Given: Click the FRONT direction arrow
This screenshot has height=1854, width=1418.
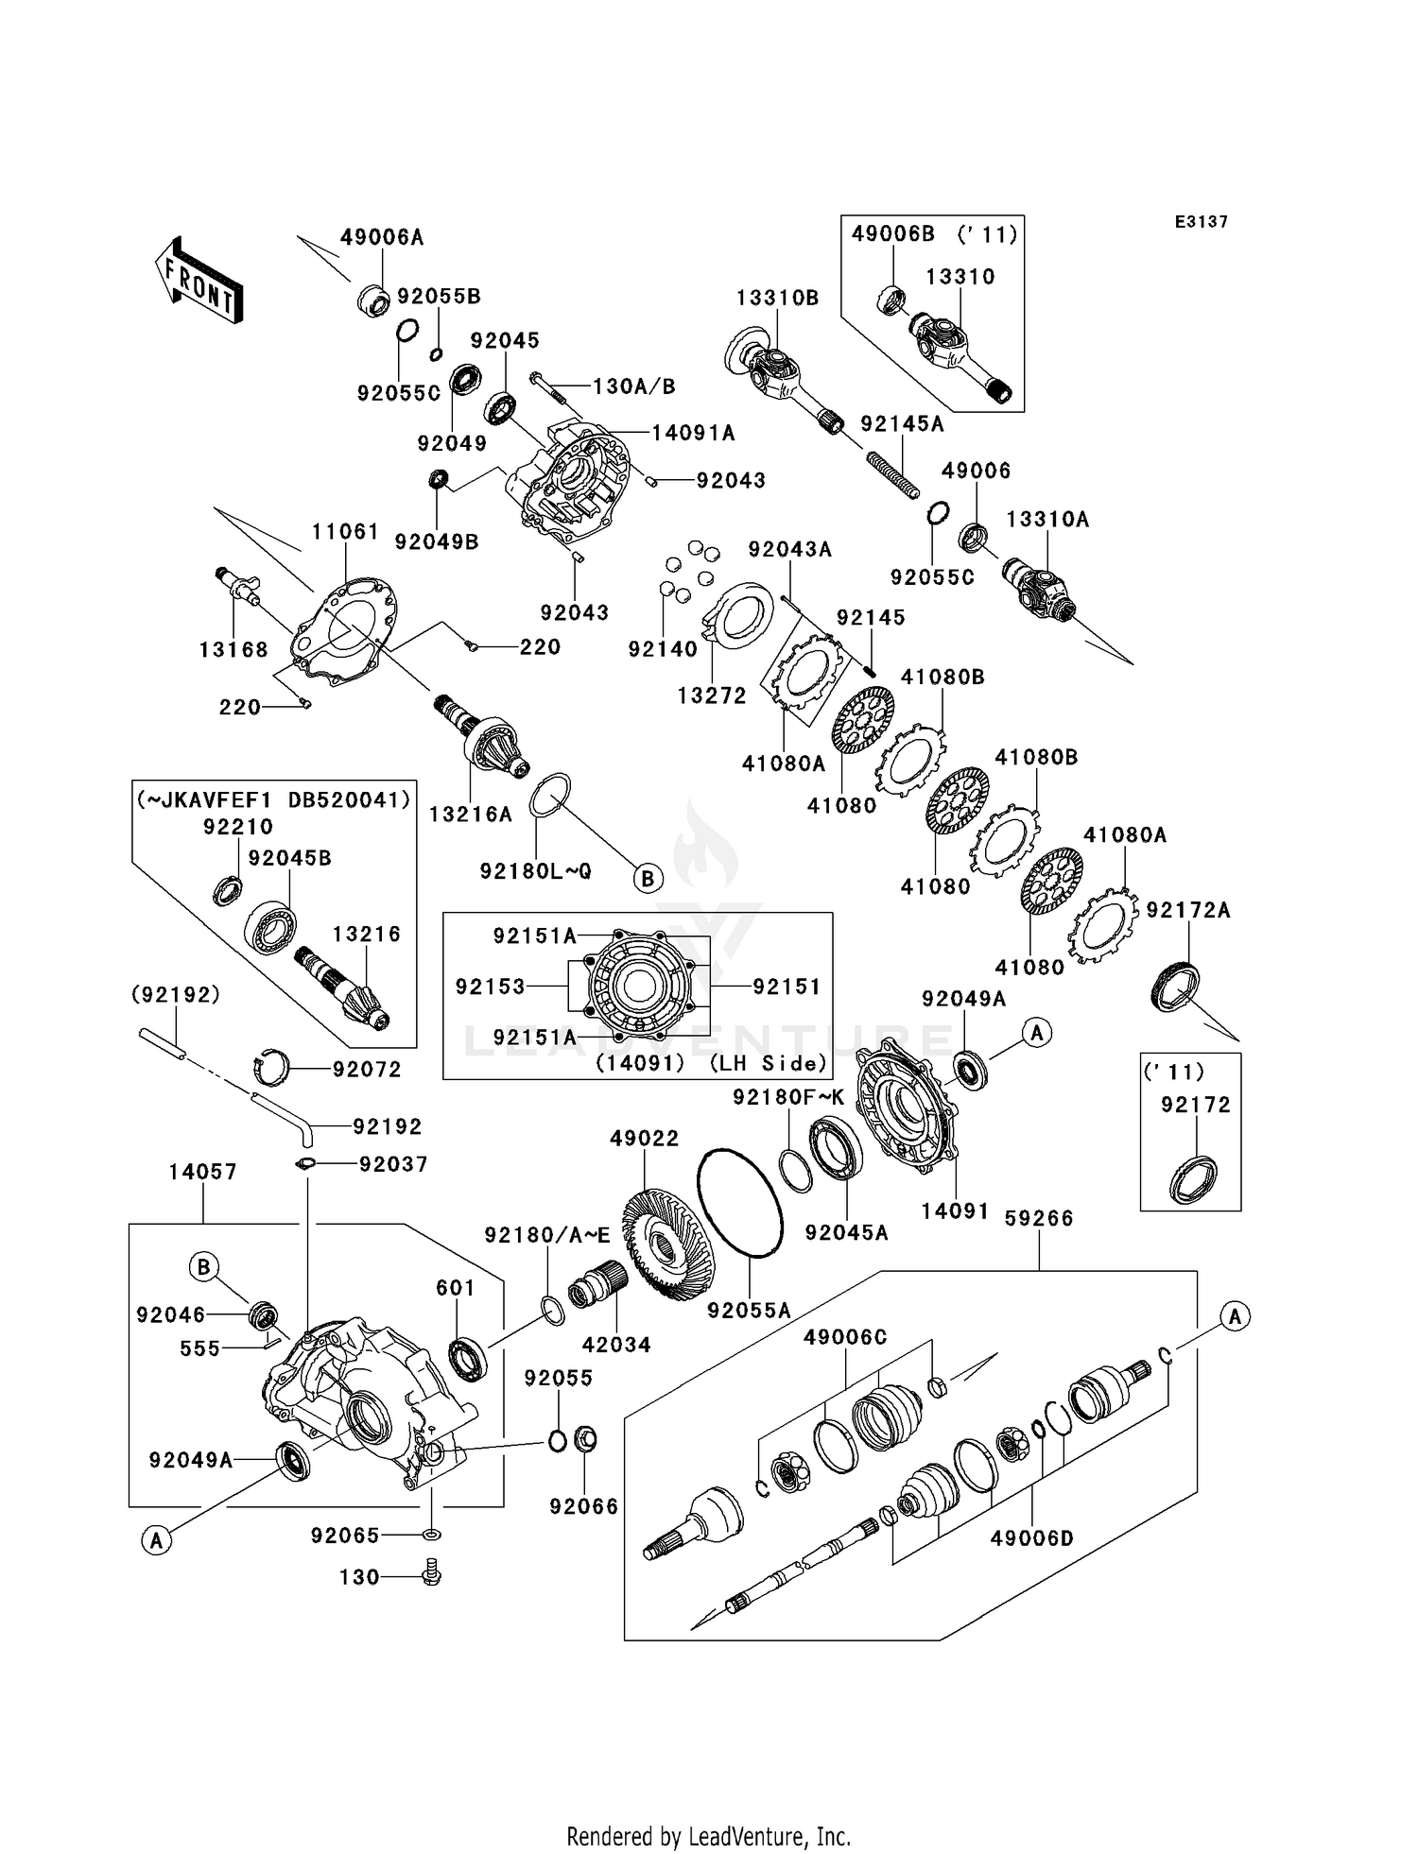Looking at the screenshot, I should (x=199, y=281).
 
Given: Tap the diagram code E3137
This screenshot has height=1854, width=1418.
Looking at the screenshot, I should (x=1201, y=222).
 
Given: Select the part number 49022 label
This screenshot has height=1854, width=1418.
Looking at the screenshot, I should (x=644, y=1139).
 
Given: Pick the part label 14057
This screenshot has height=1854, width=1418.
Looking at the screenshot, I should (x=202, y=1172).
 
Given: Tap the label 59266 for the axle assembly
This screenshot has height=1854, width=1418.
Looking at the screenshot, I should (x=1039, y=1218).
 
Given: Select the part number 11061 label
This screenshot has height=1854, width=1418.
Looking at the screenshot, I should (x=346, y=532).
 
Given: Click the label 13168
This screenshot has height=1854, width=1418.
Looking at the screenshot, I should (x=233, y=649).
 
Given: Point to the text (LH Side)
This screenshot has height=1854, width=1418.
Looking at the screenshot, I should (x=769, y=1063).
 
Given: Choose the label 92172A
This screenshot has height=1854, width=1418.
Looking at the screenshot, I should (x=1188, y=910).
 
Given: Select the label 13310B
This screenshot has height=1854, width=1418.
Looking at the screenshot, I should (x=777, y=298).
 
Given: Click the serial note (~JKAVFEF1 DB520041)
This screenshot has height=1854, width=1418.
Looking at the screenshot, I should (x=274, y=799).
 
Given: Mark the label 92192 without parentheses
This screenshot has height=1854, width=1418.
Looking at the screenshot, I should (x=387, y=1126).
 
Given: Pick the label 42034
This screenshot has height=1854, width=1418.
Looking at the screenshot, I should (x=616, y=1344).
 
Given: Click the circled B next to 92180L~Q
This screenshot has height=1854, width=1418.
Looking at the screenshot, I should (x=648, y=879).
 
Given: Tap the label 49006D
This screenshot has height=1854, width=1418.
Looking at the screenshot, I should (x=1031, y=1537).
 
